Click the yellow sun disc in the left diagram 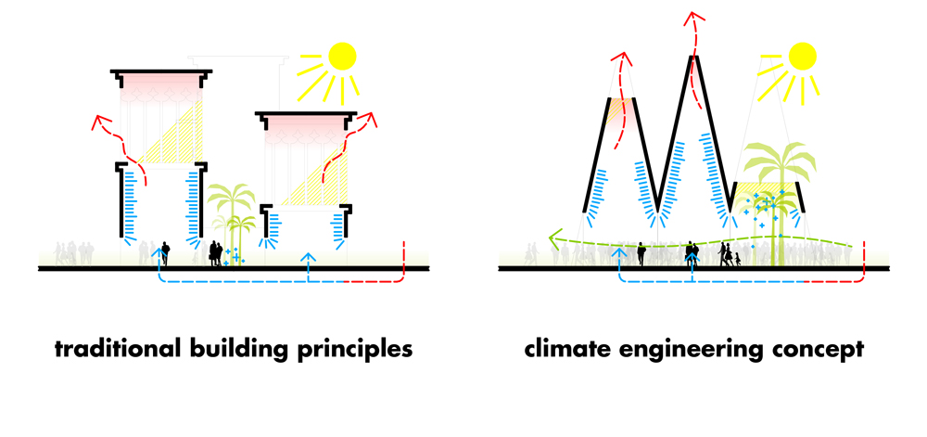point(341,56)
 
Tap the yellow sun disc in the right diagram point(804,56)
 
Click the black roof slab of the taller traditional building point(158,73)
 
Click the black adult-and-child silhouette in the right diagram point(728,253)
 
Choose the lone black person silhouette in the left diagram point(166,252)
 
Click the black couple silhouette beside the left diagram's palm point(216,253)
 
